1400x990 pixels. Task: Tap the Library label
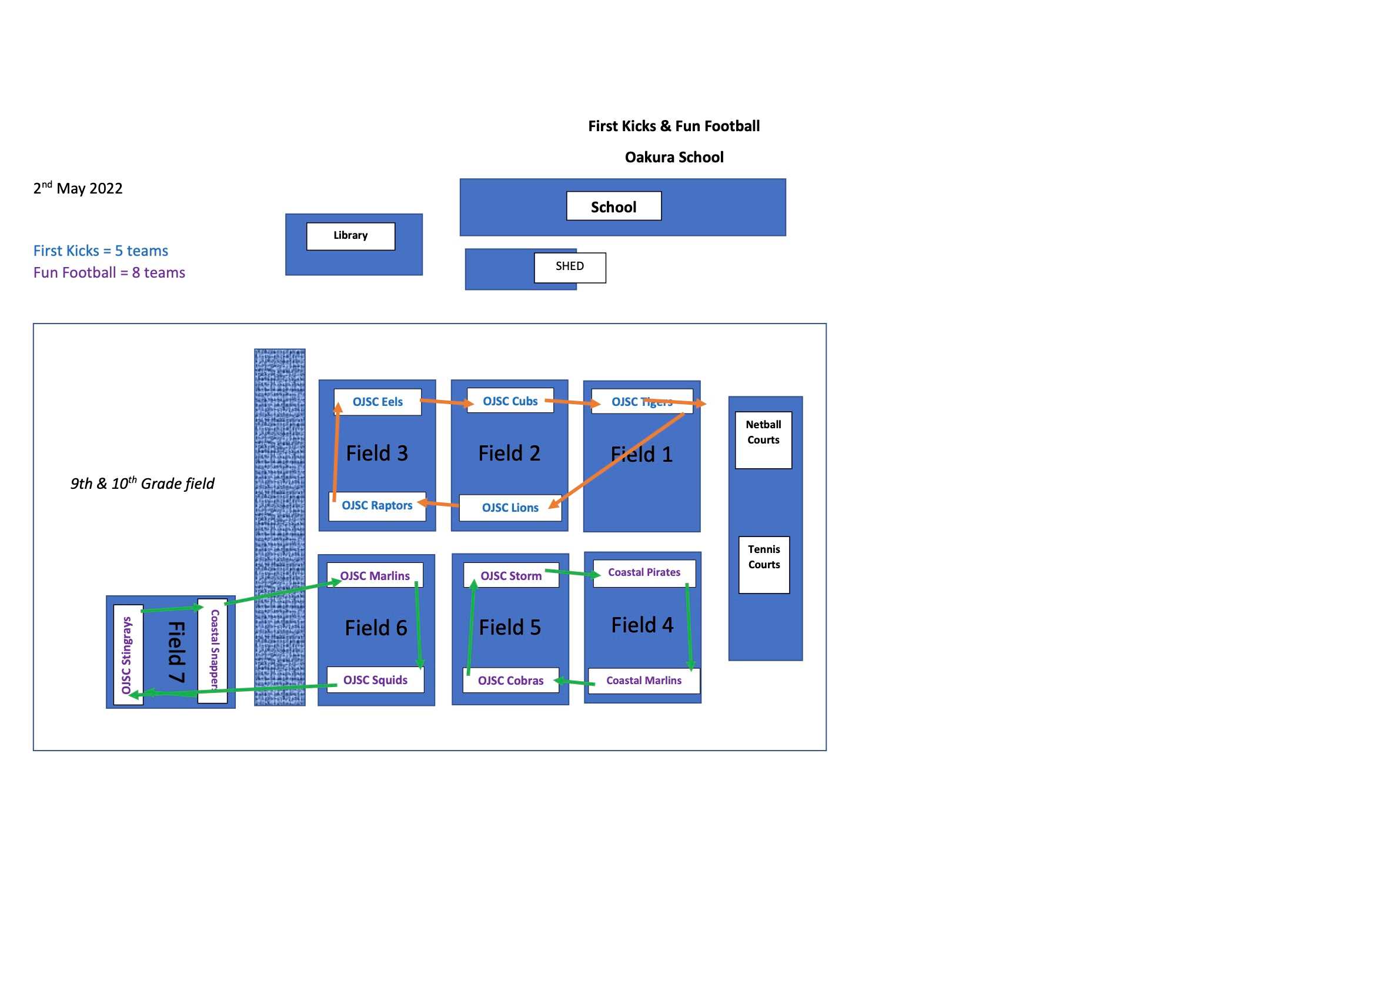click(350, 236)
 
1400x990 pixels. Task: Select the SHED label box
click(570, 267)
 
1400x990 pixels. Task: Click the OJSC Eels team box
click(377, 402)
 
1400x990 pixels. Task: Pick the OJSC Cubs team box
click(510, 401)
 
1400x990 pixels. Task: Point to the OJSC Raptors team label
click(377, 506)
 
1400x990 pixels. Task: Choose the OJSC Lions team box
click(510, 508)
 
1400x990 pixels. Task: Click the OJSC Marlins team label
click(375, 576)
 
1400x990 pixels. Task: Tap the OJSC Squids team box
click(375, 680)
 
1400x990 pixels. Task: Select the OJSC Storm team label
click(510, 576)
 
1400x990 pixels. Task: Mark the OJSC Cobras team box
click(510, 681)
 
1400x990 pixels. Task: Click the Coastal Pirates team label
click(644, 573)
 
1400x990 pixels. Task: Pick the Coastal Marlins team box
click(644, 681)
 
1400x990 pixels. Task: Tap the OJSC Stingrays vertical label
click(128, 655)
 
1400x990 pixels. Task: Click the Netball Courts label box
click(763, 440)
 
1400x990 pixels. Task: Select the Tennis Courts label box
click(764, 565)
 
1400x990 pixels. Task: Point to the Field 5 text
click(510, 628)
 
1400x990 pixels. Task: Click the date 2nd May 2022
click(78, 188)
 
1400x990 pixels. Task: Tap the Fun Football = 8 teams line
click(109, 273)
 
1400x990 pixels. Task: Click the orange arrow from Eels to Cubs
click(447, 402)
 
